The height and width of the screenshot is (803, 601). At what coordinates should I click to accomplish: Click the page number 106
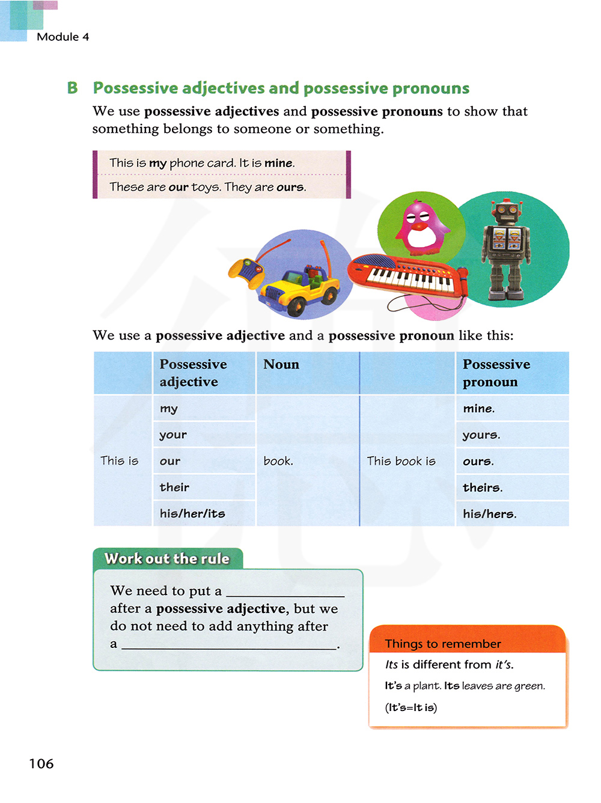coord(41,763)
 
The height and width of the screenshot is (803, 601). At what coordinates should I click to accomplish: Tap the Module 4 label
coord(63,37)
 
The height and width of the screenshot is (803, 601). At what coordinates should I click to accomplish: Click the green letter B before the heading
coord(73,88)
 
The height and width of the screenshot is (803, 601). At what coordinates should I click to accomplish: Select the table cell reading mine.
coord(478,409)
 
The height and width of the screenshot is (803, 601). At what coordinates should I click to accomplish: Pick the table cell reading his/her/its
coord(192,513)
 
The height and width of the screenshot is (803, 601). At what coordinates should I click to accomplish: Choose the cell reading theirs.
coord(483,487)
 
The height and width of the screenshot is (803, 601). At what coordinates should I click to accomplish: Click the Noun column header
coord(281,364)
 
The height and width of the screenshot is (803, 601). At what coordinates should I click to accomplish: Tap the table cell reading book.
coord(278,461)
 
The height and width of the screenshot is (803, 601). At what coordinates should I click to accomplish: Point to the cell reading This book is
coord(401,461)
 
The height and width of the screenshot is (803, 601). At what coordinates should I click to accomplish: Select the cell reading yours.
coord(481,435)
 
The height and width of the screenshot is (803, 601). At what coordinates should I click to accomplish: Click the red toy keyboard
coord(409,276)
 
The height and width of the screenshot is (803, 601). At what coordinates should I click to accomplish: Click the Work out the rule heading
coord(167,558)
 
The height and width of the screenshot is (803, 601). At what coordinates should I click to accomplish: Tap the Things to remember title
coord(443,644)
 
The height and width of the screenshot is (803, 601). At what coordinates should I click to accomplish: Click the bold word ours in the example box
coord(290,187)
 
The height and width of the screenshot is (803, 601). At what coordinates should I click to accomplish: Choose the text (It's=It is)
coord(411,707)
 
